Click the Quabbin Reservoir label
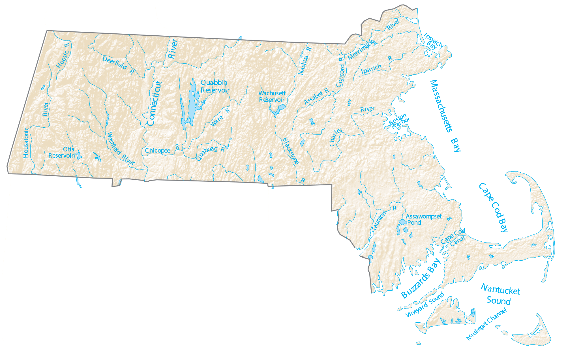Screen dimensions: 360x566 pos(215,86)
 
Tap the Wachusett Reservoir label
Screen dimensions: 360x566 pos(272,97)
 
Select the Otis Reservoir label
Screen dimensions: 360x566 pos(61,153)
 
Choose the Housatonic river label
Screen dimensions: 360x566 pos(26,142)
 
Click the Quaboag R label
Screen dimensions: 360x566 pos(210,153)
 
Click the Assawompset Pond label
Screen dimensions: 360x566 pos(423,220)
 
